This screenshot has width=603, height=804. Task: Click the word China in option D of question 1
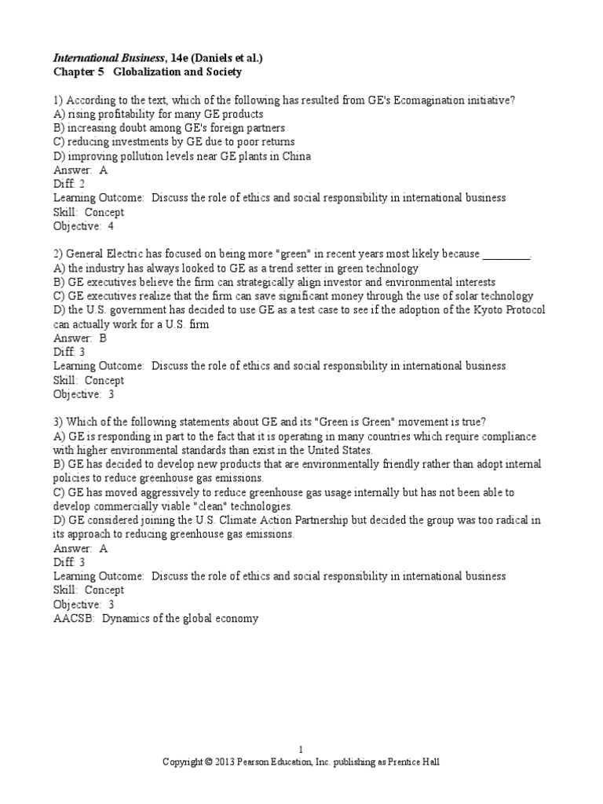tap(295, 156)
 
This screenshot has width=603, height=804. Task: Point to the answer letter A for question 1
tap(104, 170)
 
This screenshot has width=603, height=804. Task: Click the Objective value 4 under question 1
tap(111, 226)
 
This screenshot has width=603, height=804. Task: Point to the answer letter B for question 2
tap(104, 338)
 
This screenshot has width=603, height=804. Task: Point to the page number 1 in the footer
tap(301, 749)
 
